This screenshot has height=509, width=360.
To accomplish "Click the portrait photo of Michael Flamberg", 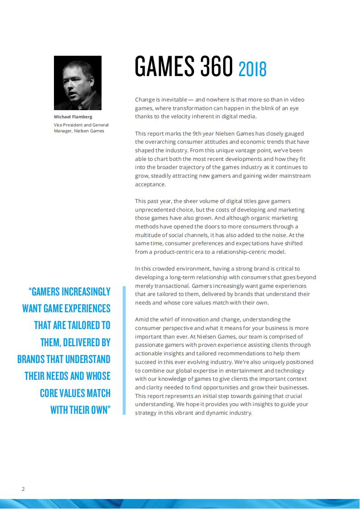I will pos(78,82).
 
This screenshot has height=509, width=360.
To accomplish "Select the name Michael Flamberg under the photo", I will pos(73,117).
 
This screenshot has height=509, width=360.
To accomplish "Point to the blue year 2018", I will pos(252,69).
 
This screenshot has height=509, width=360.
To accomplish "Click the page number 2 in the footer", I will pos(23,489).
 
